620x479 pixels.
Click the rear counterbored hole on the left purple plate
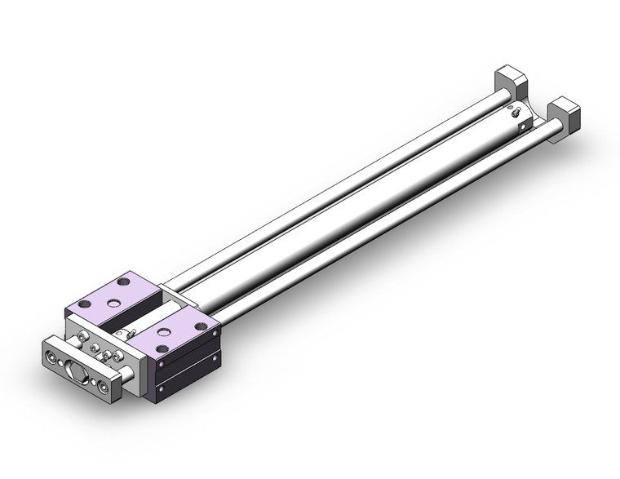[x=123, y=282]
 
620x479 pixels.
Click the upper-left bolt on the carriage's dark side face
[x=162, y=364]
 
